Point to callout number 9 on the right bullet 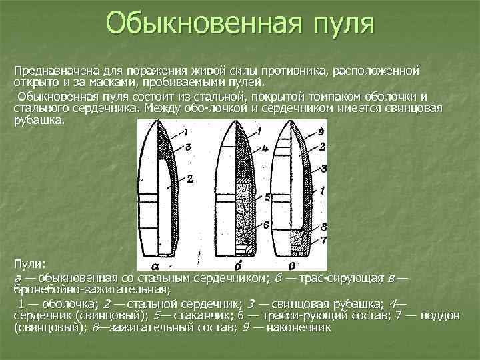point(321,131)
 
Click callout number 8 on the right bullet point(323,227)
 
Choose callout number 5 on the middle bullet point(267,197)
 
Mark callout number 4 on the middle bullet point(265,147)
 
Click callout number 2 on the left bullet point(189,178)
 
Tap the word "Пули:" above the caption point(29,265)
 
